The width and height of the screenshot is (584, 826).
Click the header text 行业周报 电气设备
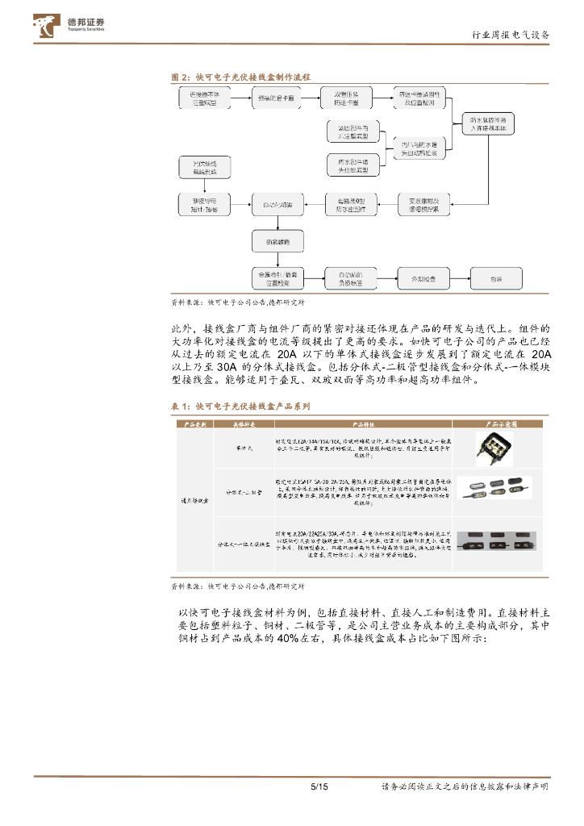(510, 35)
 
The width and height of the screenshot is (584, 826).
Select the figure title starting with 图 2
(241, 77)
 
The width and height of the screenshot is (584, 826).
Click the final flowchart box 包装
(496, 279)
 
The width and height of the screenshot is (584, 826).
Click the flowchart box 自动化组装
(277, 206)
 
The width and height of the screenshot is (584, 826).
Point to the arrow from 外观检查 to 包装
(460, 279)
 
